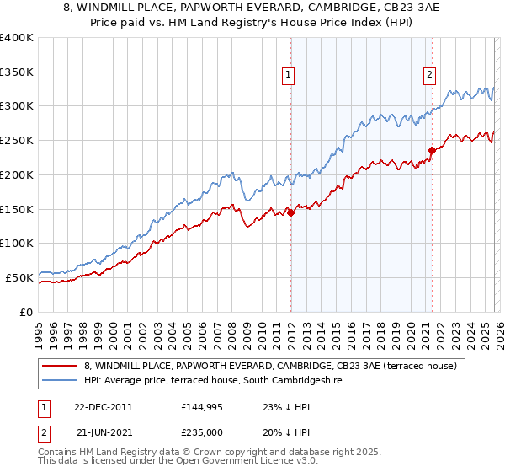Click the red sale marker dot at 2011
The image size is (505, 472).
click(x=290, y=213)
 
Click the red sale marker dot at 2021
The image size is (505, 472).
click(x=432, y=151)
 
